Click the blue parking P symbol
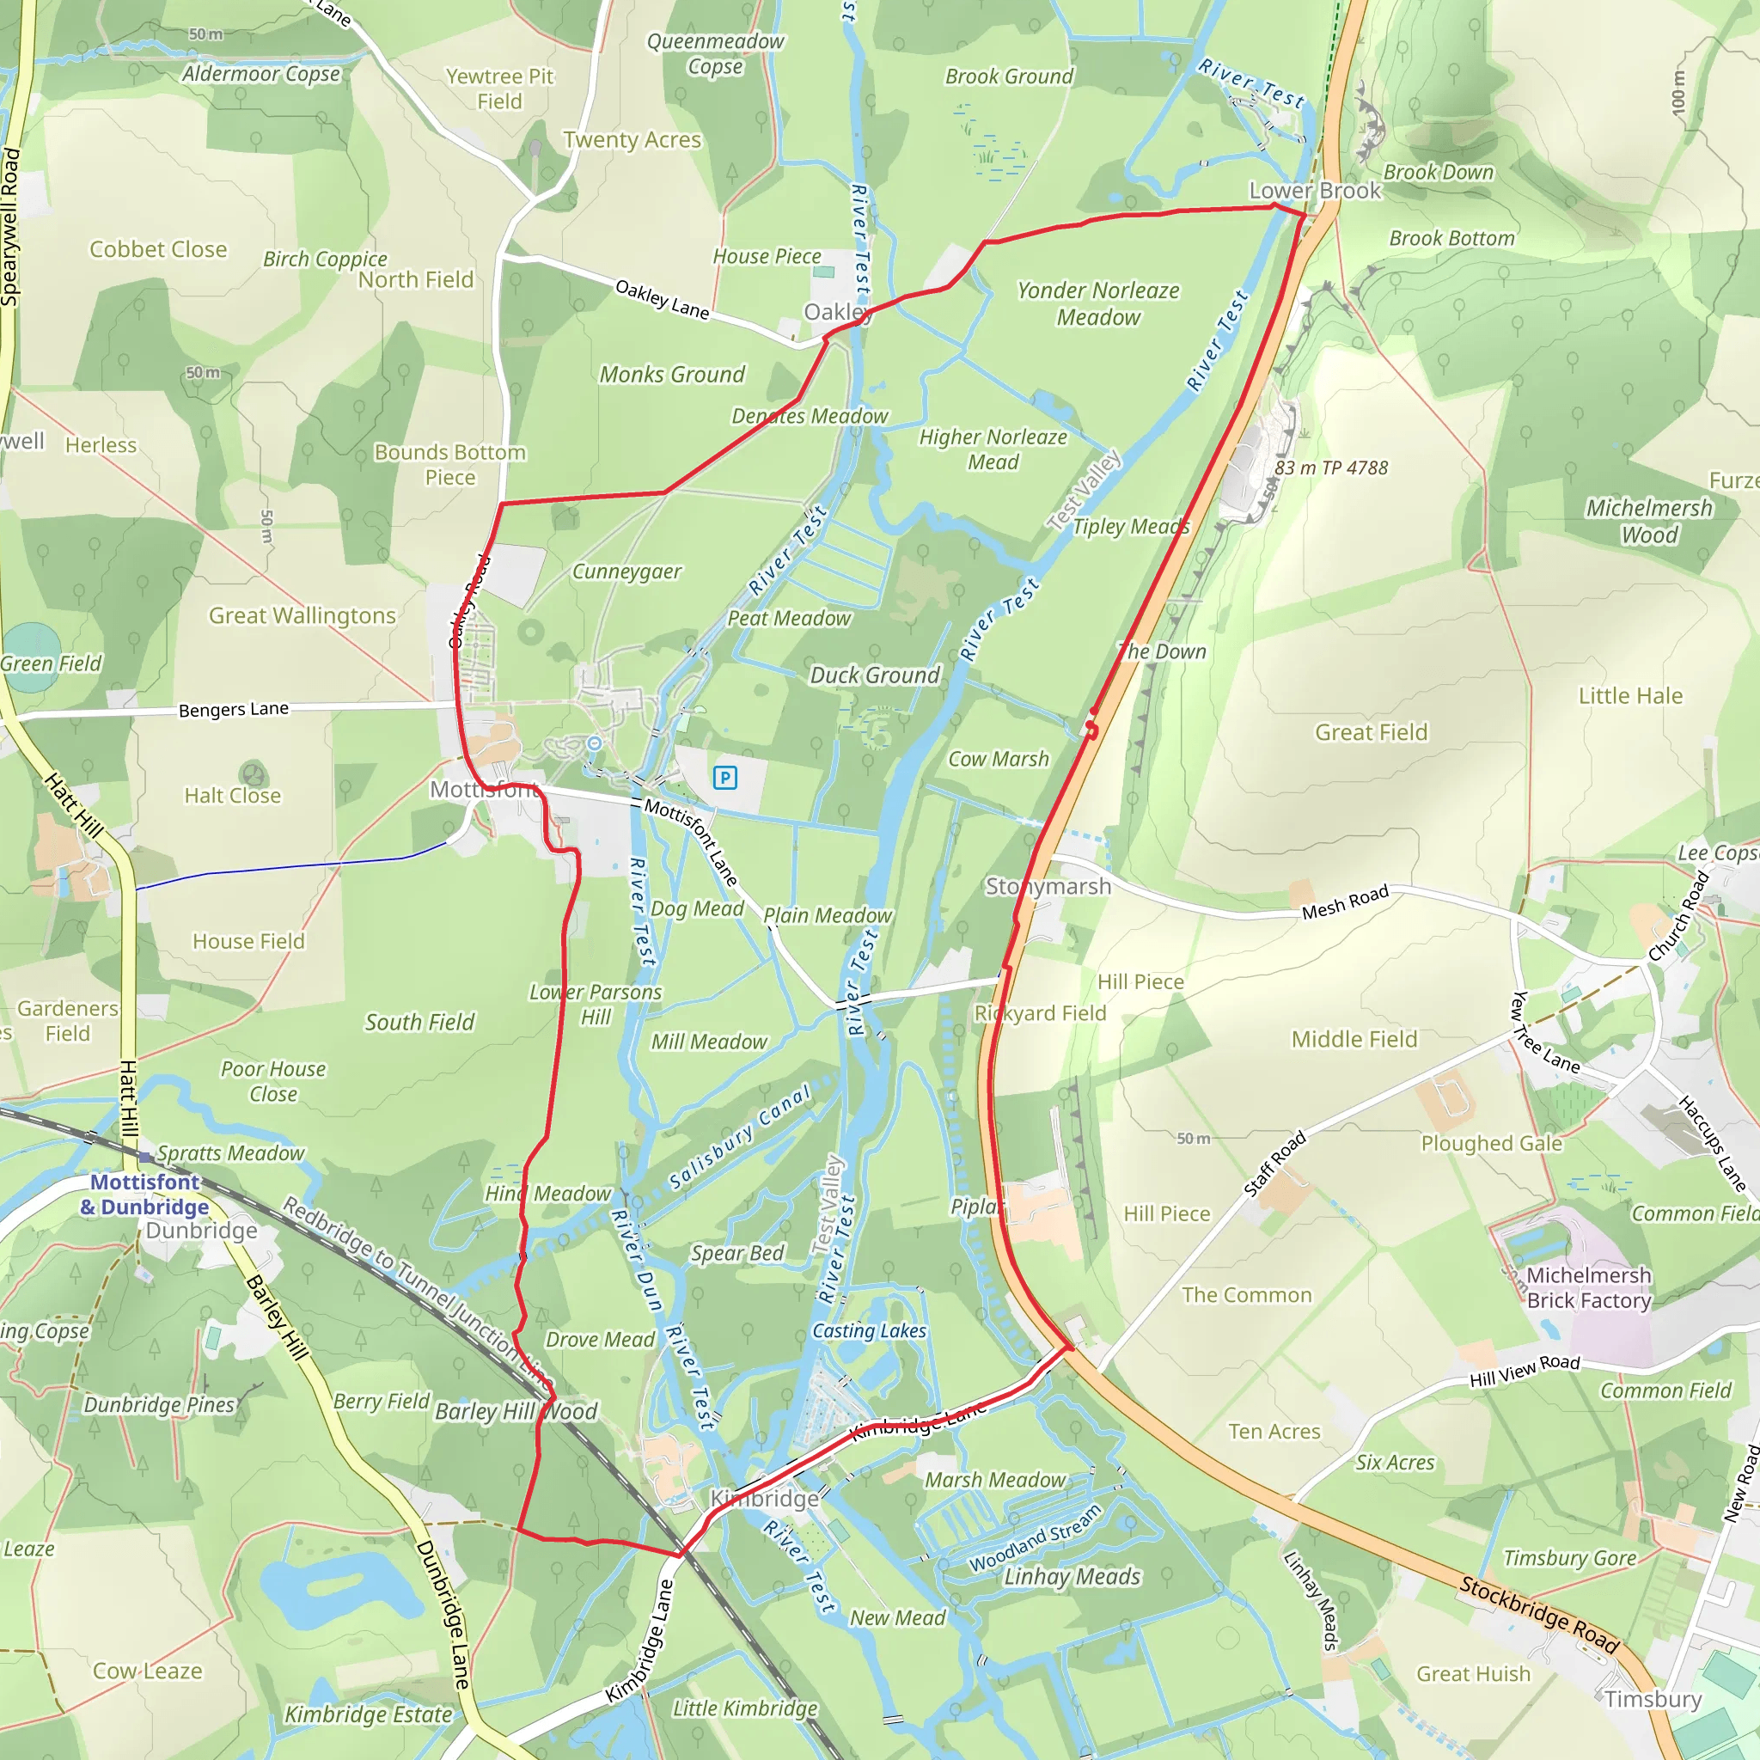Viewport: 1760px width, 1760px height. click(725, 777)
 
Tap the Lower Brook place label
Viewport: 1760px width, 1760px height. click(1314, 191)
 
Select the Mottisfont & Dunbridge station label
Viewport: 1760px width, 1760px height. click(145, 1195)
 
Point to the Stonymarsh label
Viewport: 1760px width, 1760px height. click(1048, 886)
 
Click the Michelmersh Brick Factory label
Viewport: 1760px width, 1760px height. click(1589, 1287)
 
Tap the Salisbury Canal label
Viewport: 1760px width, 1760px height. click(739, 1138)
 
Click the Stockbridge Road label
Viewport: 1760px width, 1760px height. click(1538, 1613)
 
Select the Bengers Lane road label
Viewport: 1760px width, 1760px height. click(233, 710)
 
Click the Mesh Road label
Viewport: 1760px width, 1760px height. click(1345, 901)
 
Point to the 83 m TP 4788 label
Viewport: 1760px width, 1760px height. click(1331, 468)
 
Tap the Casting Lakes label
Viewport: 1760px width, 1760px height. click(869, 1331)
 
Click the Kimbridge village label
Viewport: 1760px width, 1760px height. click(763, 1499)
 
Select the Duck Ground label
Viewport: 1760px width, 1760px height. click(875, 675)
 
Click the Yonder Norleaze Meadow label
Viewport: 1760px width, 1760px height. click(1097, 303)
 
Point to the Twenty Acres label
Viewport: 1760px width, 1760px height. click(632, 140)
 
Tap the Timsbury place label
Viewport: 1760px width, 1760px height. click(1653, 1699)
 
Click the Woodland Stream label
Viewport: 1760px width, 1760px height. click(1035, 1538)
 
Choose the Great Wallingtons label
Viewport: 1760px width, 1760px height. click(302, 616)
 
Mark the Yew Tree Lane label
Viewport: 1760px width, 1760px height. click(1545, 1031)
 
